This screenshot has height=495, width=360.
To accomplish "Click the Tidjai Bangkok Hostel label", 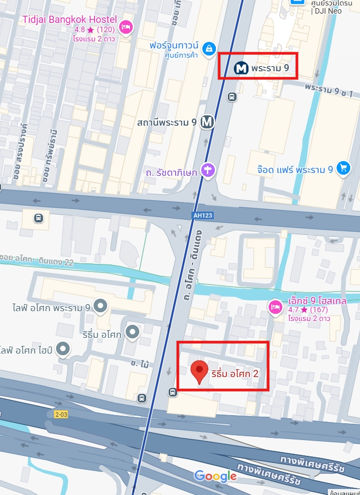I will (70, 20).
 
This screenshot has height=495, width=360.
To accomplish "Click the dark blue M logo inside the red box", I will (241, 69).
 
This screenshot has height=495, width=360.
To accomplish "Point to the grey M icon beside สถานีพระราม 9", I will (207, 122).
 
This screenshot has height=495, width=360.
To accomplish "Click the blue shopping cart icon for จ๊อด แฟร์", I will (343, 169).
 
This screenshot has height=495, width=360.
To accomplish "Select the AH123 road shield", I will (202, 215).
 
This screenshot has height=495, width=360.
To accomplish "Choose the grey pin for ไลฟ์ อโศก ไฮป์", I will (64, 348).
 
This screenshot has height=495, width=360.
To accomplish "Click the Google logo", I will (215, 477).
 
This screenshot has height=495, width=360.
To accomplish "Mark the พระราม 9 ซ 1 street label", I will (330, 87).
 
